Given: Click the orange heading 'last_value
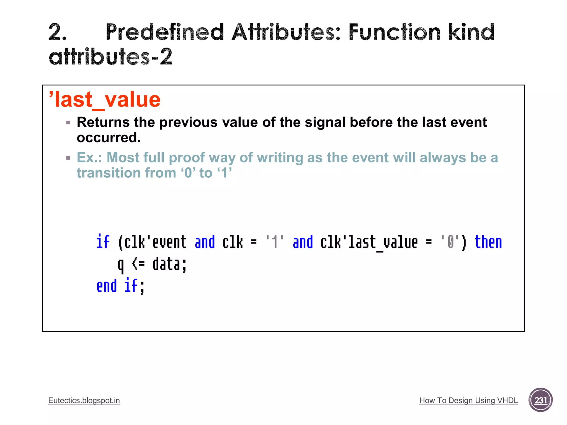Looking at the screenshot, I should click(x=105, y=100).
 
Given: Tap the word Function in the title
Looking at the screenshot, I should click(x=394, y=32).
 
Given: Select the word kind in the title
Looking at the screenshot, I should click(x=471, y=32).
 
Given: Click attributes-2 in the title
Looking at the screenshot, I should click(x=110, y=57).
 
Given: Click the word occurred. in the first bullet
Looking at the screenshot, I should click(x=109, y=138).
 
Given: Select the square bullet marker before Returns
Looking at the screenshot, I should click(x=68, y=123).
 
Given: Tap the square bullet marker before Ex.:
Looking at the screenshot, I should click(x=68, y=158).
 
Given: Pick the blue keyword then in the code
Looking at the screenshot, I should click(x=488, y=242).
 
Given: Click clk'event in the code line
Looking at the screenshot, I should click(x=155, y=242).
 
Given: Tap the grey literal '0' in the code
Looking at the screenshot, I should click(x=450, y=242).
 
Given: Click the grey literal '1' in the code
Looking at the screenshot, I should click(x=274, y=242).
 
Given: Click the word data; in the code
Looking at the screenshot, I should click(x=169, y=264).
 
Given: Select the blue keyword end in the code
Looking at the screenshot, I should click(x=107, y=286).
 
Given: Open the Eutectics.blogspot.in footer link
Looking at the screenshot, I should click(x=84, y=400).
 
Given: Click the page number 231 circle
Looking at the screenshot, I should click(x=540, y=400).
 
